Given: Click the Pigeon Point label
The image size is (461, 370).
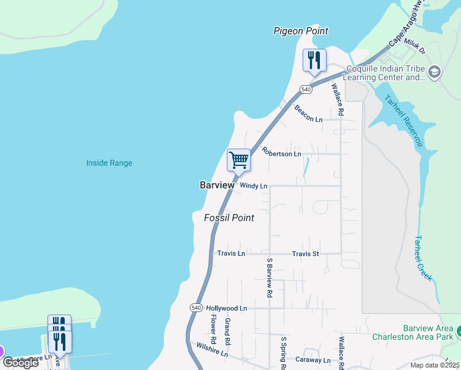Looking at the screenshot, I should (x=301, y=31).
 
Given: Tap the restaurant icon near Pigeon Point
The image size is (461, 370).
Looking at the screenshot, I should (x=314, y=60).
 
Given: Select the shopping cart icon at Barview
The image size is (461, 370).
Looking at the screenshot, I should (x=239, y=160).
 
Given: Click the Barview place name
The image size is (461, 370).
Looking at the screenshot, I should (x=217, y=185).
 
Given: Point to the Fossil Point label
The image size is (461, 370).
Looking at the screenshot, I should (x=229, y=218).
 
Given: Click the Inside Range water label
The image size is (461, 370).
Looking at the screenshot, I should (x=109, y=163).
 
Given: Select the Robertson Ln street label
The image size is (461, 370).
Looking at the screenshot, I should (x=281, y=152).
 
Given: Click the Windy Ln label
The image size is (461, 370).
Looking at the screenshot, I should (x=253, y=186).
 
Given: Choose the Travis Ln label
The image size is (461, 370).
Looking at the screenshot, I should (x=231, y=253).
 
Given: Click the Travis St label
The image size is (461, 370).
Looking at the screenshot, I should (x=305, y=253).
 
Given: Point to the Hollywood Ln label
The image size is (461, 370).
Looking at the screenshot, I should (x=226, y=308).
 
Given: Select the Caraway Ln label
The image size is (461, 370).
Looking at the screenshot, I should (x=313, y=360).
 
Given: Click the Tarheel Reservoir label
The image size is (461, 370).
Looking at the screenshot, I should (x=404, y=120).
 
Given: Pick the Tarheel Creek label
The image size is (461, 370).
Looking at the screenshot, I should (x=423, y=258).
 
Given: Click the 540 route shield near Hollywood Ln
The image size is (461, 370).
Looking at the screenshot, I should (x=196, y=308).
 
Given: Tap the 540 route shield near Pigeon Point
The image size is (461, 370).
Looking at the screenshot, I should (x=306, y=89).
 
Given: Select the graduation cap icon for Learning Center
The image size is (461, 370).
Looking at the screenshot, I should (x=434, y=73).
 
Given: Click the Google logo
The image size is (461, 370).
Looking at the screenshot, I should (x=21, y=363).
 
